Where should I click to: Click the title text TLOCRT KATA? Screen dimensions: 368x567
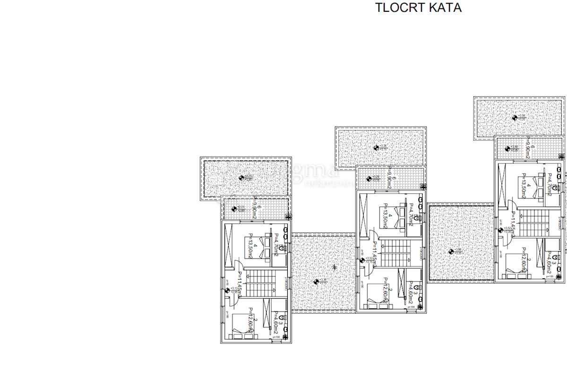[x=418, y=8]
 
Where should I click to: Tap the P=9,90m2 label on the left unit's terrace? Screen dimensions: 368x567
[x=255, y=208]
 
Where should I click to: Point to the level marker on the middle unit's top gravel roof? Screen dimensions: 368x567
[x=376, y=148]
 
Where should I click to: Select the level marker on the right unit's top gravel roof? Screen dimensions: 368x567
[x=515, y=117]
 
